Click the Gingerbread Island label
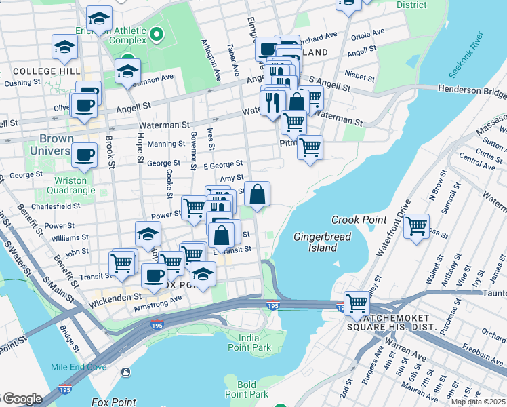315,242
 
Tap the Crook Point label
359,220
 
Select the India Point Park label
255,343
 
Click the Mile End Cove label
78,367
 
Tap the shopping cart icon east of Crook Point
417,226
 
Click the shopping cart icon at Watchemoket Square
357,303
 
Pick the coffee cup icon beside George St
84,155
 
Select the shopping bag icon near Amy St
258,194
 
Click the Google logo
22,399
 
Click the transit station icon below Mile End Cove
126,372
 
